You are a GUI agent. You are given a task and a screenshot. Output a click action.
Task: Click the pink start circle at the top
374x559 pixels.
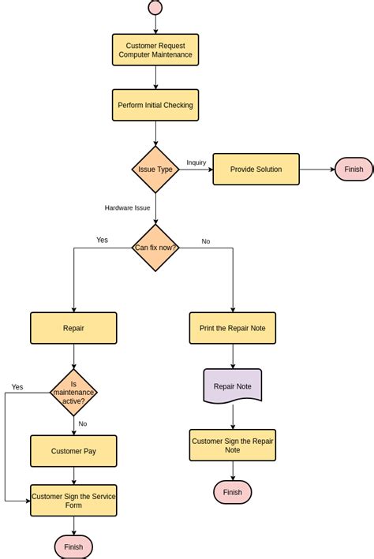[155, 8]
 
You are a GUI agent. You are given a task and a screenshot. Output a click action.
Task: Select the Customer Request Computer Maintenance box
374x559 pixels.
[155, 50]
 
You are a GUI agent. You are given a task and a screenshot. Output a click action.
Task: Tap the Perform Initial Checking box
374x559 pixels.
[155, 105]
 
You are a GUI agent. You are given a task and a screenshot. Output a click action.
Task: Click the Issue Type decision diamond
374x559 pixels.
[155, 170]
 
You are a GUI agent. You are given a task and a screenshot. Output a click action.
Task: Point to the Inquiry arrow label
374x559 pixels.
[196, 162]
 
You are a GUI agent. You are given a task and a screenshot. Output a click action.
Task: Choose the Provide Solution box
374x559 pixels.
[256, 170]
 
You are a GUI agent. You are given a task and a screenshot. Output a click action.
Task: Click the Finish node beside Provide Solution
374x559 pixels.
[353, 170]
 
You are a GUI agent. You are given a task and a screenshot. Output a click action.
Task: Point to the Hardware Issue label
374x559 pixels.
[127, 208]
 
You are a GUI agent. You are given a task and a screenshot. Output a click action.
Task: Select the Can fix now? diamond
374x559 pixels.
[155, 248]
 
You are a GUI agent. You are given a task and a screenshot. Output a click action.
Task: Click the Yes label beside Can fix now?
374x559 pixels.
[102, 240]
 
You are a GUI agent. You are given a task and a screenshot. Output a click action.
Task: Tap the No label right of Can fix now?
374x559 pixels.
[206, 241]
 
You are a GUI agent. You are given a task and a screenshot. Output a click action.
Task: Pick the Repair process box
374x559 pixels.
[73, 328]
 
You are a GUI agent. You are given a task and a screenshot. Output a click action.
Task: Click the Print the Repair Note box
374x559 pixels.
[233, 328]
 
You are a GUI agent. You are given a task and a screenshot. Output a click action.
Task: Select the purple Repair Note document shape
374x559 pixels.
[233, 386]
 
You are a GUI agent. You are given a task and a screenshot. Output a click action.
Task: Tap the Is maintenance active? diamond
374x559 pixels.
[73, 392]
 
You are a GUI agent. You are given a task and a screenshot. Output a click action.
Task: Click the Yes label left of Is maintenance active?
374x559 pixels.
[17, 387]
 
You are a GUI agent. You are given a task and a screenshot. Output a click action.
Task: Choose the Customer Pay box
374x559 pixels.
[73, 451]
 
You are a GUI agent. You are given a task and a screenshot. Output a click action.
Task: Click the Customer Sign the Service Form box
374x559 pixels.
[73, 501]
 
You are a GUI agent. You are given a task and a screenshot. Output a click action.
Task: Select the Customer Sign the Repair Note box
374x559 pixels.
[233, 445]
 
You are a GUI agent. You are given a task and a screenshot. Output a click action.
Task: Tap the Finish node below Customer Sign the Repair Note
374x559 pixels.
[233, 493]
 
